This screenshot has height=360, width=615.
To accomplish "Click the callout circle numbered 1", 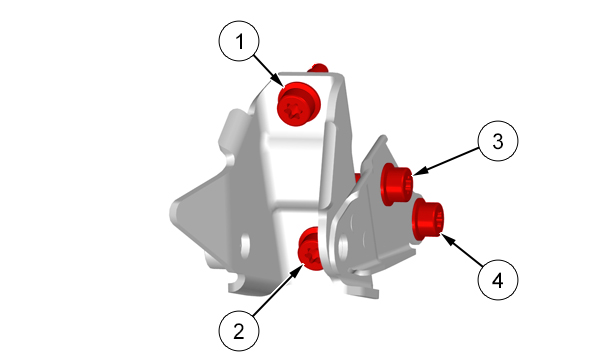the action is [239, 41].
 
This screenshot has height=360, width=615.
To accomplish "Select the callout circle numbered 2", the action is [239, 331].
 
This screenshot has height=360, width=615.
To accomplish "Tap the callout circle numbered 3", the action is [498, 141].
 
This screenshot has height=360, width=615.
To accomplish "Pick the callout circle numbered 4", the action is [498, 280].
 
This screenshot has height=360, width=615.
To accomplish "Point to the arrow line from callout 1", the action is [269, 71].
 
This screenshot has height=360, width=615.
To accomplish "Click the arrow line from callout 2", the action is [278, 290].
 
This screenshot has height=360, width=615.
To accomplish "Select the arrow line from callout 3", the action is [447, 161].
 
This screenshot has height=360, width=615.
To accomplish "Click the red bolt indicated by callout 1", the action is [298, 104].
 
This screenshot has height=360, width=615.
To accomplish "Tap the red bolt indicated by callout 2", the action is [311, 249].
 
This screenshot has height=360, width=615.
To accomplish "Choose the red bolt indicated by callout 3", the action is [396, 184].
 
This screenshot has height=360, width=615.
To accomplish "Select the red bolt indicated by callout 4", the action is [428, 219].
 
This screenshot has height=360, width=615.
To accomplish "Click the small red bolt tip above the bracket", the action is [318, 68].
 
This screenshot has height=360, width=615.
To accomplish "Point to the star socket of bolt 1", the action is [293, 111].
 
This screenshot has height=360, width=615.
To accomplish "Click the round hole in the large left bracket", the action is [245, 245].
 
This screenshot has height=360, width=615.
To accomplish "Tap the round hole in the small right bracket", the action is [343, 247].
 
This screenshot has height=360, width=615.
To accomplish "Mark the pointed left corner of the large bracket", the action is [173, 212].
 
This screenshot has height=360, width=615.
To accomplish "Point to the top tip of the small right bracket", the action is [383, 138].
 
